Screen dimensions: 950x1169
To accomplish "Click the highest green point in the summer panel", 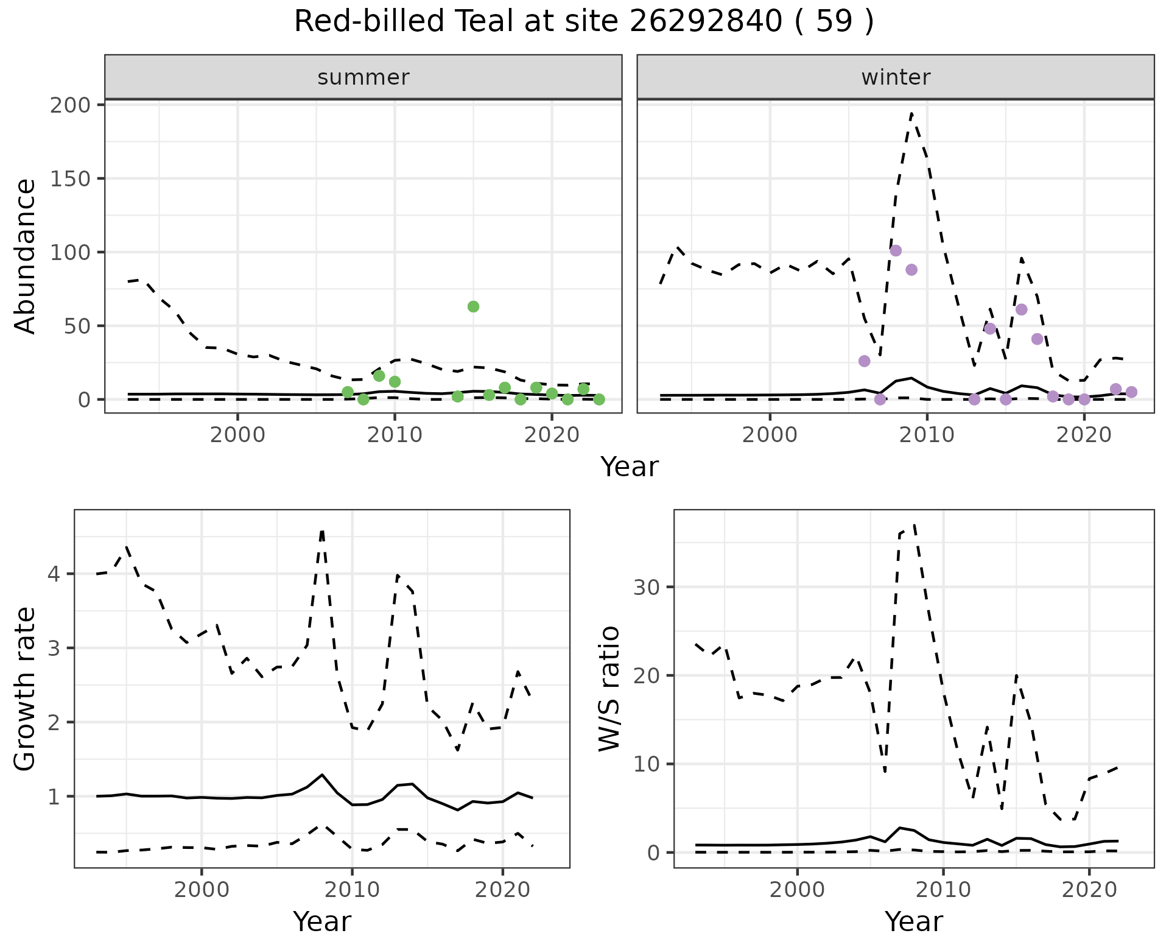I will click(x=473, y=306).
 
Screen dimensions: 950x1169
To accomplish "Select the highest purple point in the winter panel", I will click(x=895, y=251).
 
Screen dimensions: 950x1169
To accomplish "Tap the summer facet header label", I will click(x=363, y=77).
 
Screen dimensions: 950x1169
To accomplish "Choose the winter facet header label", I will click(x=896, y=77).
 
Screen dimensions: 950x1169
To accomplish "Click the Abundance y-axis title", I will click(x=26, y=256).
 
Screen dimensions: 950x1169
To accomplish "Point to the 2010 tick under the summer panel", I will click(x=395, y=435).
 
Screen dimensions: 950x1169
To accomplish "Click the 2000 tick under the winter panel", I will click(x=770, y=435).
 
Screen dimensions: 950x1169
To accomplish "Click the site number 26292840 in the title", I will click(x=705, y=22).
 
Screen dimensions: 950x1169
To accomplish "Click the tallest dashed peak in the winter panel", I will click(x=911, y=113).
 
